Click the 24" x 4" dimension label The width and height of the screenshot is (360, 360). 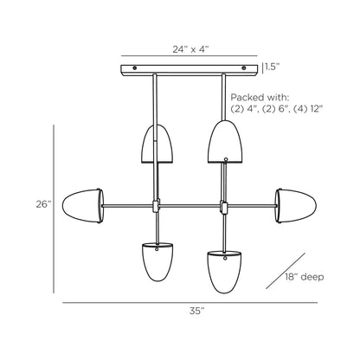click(190, 49)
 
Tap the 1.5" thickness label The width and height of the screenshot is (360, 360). click(273, 67)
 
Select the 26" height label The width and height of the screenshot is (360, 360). click(43, 204)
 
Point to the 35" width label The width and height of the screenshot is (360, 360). click(197, 311)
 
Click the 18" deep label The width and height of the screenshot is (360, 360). click(305, 277)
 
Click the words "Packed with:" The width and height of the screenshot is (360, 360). click(260, 97)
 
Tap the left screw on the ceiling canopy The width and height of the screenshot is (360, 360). click(135, 68)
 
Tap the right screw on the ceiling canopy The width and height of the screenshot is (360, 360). click(244, 68)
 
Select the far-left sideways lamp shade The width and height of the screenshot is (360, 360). click(83, 206)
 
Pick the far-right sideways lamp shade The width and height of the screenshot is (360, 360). click(296, 206)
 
